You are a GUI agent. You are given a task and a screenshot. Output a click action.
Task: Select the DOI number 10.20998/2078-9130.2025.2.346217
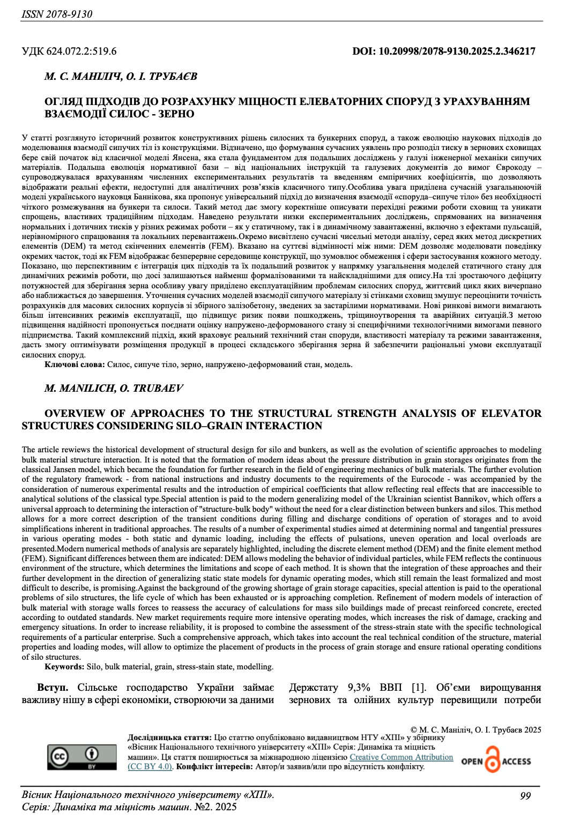tap(457, 51)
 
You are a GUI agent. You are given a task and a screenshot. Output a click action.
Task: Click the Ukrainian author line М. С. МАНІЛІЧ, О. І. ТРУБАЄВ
tap(121, 77)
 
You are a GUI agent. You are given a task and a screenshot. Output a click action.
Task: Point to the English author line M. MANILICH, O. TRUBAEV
tap(114, 388)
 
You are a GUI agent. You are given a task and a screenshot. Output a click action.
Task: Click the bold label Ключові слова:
tap(75, 364)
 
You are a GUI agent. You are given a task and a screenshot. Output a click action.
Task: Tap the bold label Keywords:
tap(64, 667)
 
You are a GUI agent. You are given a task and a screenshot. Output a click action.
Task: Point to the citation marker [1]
tap(418, 688)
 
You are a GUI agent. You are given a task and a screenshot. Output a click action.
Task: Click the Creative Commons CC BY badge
tap(82, 758)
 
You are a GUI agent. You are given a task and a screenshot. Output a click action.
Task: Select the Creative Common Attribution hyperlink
tap(401, 757)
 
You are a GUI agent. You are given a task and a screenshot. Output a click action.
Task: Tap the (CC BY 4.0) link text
tap(150, 766)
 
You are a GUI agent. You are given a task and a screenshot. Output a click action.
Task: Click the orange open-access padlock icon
tap(492, 760)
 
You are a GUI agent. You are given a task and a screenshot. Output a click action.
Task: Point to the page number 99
tap(525, 796)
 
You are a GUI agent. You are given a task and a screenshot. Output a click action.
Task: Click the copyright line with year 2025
tap(475, 729)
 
